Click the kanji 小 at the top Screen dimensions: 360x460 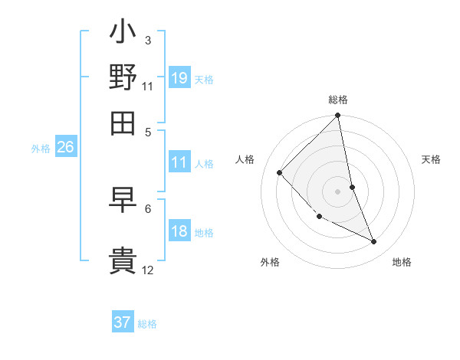123,34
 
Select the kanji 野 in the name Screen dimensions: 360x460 123,77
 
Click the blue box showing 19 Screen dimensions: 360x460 179,78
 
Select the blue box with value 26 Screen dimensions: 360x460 65,148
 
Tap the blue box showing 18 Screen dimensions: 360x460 179,232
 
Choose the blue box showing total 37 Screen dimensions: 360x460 123,322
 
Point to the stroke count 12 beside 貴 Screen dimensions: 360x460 147,270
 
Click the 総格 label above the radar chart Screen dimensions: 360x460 338,100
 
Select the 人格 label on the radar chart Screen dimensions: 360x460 245,159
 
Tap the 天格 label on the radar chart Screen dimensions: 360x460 431,159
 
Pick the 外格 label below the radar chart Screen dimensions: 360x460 270,262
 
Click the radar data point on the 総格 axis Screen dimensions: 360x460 337,116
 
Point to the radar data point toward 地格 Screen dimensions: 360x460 374,241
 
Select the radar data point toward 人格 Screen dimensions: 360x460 280,172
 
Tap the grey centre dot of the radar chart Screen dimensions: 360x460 338,191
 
